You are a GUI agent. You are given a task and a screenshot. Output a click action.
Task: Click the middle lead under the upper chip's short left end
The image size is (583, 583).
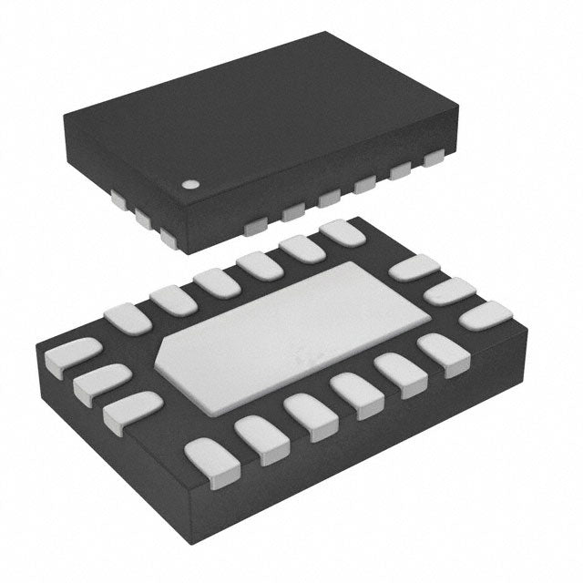[x=144, y=218]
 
